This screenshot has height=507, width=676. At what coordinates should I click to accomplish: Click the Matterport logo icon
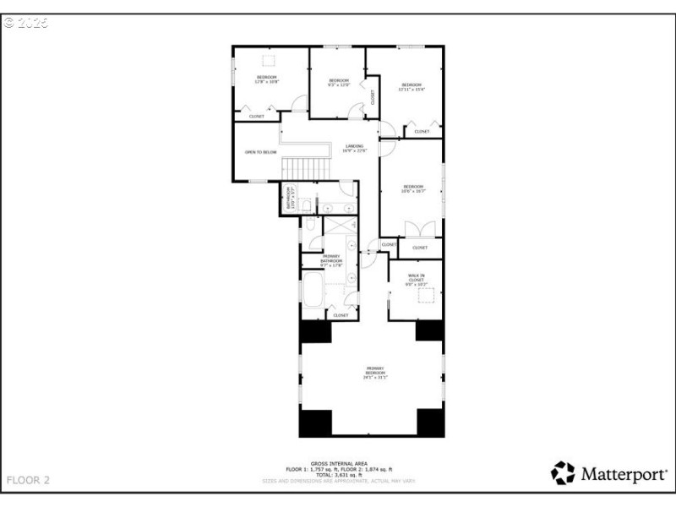(563, 472)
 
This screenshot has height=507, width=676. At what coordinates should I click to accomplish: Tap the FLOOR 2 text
(28, 480)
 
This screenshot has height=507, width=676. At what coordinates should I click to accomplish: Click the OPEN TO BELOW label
(260, 152)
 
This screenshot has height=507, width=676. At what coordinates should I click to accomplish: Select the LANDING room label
(354, 149)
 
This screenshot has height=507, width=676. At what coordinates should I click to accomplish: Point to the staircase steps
(304, 167)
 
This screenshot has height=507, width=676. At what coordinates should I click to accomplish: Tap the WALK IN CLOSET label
(416, 281)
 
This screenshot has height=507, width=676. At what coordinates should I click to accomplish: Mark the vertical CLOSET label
(373, 96)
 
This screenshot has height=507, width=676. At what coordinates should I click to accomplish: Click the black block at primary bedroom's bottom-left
(315, 422)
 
